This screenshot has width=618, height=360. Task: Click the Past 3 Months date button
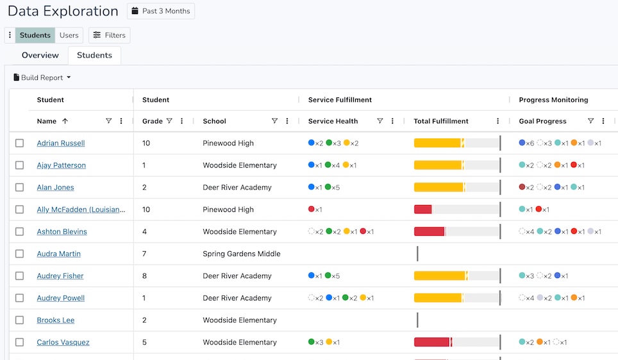(161, 12)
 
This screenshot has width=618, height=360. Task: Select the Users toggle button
(69, 35)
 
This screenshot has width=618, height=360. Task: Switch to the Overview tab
(40, 56)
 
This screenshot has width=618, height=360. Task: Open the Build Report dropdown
(42, 78)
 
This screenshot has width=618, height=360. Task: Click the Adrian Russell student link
(61, 143)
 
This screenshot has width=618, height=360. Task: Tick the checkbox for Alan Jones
(20, 188)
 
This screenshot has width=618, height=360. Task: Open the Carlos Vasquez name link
(63, 343)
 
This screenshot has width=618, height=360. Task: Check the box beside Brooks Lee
(20, 320)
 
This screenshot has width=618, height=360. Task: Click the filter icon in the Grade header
(169, 121)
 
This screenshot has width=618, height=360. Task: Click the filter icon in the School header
(274, 121)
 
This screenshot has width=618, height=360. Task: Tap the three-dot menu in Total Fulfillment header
(498, 121)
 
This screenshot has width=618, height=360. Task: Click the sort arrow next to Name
(65, 121)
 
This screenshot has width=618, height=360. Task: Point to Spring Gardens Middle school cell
(242, 254)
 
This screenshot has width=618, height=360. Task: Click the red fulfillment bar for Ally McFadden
(422, 209)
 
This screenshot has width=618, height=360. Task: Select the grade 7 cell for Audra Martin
(145, 254)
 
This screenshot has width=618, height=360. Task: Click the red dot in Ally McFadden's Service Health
(312, 209)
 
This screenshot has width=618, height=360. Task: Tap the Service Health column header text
(333, 121)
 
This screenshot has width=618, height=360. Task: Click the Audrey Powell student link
(61, 299)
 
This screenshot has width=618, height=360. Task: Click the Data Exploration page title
(63, 12)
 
